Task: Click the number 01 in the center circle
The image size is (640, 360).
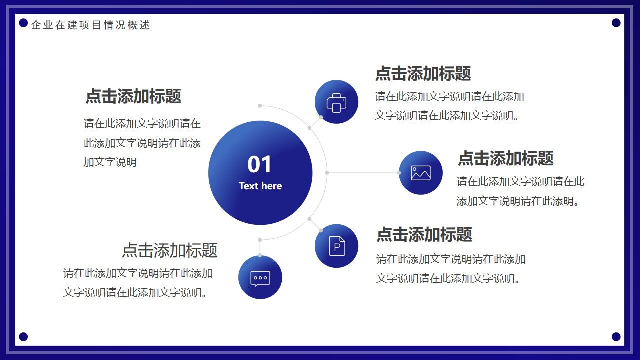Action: (x=259, y=164)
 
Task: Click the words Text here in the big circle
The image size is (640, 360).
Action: (x=260, y=186)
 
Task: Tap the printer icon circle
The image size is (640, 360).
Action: (x=336, y=102)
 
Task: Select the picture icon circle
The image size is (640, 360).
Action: (x=421, y=173)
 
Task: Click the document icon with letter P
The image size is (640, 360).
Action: (x=336, y=246)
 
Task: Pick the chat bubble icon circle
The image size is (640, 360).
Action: (x=260, y=277)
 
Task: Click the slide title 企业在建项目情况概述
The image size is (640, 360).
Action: (x=90, y=25)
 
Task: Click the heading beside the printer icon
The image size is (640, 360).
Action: (x=423, y=74)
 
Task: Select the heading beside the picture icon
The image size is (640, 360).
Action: (x=505, y=158)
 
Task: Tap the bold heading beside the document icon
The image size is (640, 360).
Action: (x=424, y=234)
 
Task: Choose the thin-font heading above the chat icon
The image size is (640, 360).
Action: (x=170, y=250)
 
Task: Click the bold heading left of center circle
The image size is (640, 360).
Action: (x=133, y=96)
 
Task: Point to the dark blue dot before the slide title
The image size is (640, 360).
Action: (x=23, y=23)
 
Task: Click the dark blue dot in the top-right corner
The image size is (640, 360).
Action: (x=616, y=23)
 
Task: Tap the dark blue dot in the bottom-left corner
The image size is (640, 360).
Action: (x=23, y=337)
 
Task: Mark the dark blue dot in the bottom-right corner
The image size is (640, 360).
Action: (x=616, y=337)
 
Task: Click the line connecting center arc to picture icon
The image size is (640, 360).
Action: (x=363, y=173)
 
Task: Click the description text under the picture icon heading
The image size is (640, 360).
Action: (x=520, y=191)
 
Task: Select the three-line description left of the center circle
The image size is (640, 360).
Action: (x=142, y=143)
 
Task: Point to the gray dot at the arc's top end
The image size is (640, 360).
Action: (x=260, y=106)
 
